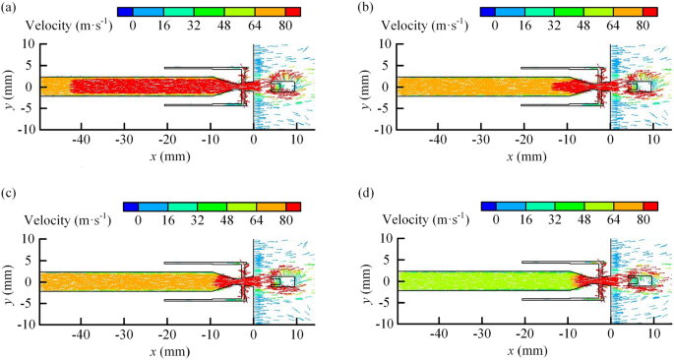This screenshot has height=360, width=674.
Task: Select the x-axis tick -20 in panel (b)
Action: (521, 140)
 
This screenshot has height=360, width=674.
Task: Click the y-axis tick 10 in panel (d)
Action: (385, 239)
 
